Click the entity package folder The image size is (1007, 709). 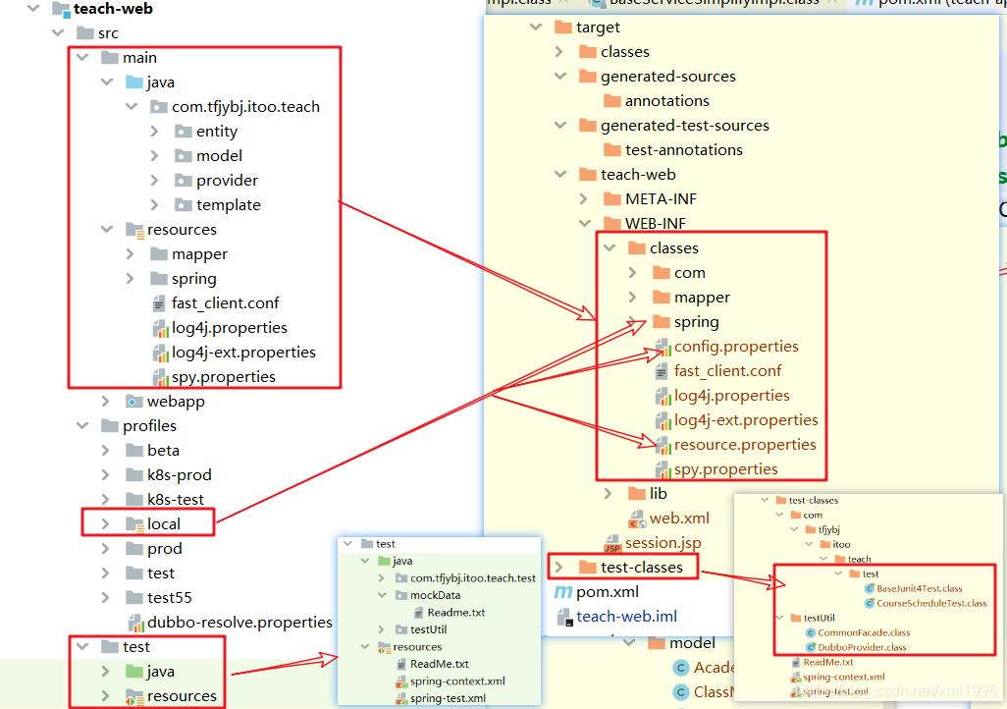coord(216,132)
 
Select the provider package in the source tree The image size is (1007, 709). coord(227,181)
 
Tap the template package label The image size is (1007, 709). coord(228,205)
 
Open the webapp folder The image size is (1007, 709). coord(176,402)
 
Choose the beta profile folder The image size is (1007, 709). coord(163,451)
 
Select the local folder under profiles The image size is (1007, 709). coord(163,524)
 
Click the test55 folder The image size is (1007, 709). coord(169,598)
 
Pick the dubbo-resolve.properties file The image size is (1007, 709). coord(239,623)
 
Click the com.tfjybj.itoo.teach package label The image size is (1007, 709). coord(245,107)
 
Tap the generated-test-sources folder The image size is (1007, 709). coord(684,126)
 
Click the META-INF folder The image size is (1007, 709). coord(661,199)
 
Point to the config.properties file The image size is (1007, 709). coord(736,347)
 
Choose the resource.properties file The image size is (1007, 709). coord(745,445)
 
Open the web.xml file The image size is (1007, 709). coord(679,518)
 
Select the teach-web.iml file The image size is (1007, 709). coord(626,617)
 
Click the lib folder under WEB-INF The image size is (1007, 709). coord(658,494)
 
